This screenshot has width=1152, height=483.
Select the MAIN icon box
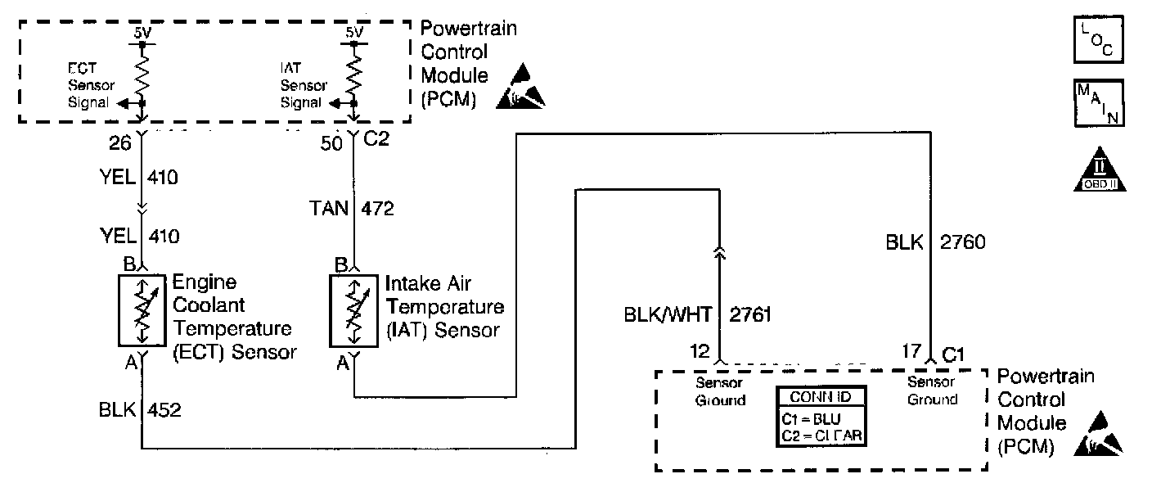[x=1098, y=104]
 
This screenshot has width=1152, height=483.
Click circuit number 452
[x=164, y=409]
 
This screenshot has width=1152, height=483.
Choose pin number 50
[x=332, y=145]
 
